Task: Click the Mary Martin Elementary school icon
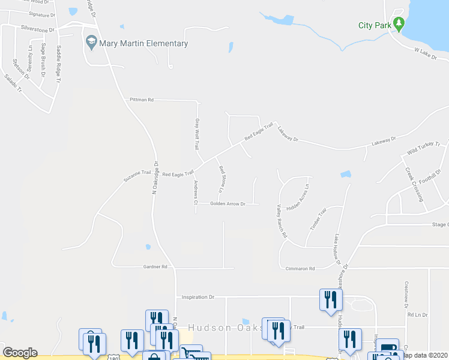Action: pyautogui.click(x=91, y=43)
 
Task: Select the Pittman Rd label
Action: pyautogui.click(x=142, y=100)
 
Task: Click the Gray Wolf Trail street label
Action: pyautogui.click(x=196, y=134)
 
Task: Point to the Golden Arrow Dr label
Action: pyautogui.click(x=228, y=204)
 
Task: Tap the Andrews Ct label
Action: pyautogui.click(x=196, y=192)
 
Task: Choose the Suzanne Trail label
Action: pyautogui.click(x=137, y=175)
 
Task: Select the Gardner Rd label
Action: pyautogui.click(x=155, y=266)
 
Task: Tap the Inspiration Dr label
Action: pyautogui.click(x=198, y=297)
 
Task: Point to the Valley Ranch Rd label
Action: pyautogui.click(x=280, y=222)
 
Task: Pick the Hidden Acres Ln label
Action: pyautogui.click(x=298, y=196)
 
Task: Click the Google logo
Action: pyautogui.click(x=20, y=353)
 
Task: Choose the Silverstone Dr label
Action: pyautogui.click(x=37, y=28)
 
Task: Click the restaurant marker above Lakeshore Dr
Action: pyautogui.click(x=330, y=299)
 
